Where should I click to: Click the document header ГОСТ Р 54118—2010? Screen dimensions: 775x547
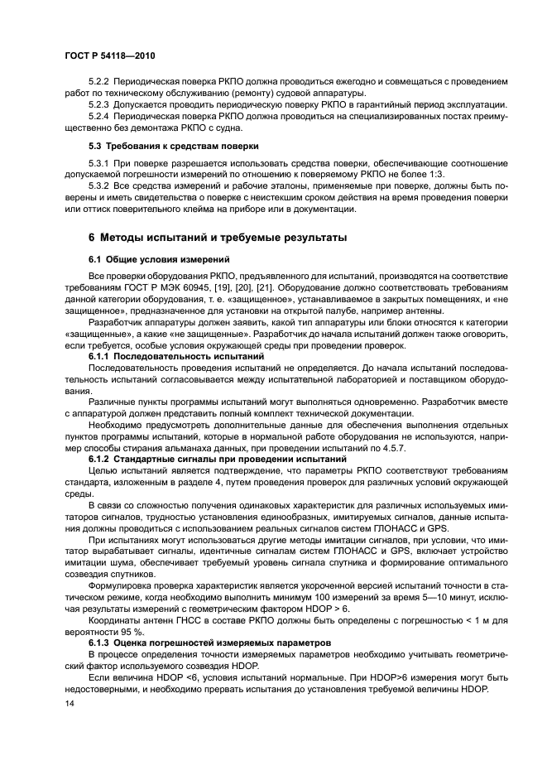(109, 56)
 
